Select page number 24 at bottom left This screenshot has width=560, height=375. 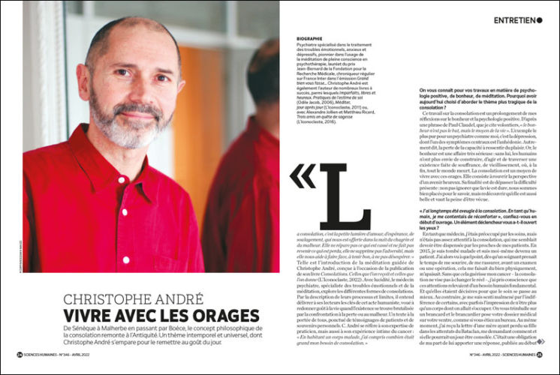pos(20,354)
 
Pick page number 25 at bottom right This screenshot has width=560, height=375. pos(540,354)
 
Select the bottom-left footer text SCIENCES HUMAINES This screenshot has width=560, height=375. pos(44,354)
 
